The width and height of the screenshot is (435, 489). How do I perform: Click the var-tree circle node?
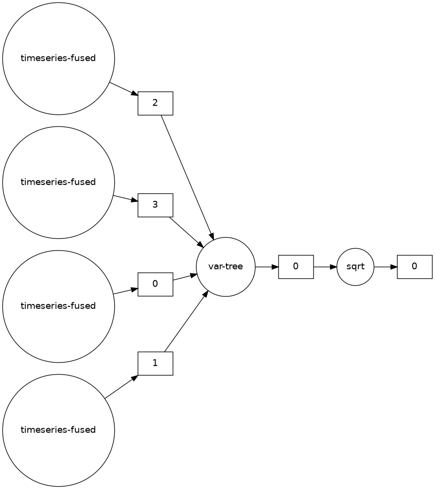tap(226, 267)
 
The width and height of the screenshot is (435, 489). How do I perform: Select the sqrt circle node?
tap(355, 267)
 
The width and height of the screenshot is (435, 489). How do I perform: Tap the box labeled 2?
tap(156, 103)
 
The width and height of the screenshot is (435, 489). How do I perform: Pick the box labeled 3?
tap(156, 205)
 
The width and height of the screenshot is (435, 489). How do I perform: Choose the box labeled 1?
tap(156, 363)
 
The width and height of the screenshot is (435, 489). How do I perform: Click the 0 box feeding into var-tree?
tap(156, 284)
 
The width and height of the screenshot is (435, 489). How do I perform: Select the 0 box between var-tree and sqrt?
tap(296, 267)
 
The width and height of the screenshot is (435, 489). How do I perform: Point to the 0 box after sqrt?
tap(415, 267)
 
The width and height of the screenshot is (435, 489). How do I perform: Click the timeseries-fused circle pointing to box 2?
tap(58, 58)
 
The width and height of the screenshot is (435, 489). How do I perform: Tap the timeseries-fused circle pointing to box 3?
tap(58, 182)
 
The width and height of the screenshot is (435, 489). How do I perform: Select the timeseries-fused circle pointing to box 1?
tap(58, 430)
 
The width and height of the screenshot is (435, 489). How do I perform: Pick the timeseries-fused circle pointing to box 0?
tap(58, 306)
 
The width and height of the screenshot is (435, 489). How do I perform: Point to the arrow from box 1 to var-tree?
tap(186, 322)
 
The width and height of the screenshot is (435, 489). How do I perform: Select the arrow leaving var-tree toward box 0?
tap(266, 267)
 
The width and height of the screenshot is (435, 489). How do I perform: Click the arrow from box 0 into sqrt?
tap(325, 267)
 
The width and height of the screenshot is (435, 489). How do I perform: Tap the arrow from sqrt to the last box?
tap(385, 267)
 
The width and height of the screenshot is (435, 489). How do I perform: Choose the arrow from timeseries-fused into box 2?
tap(123, 89)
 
